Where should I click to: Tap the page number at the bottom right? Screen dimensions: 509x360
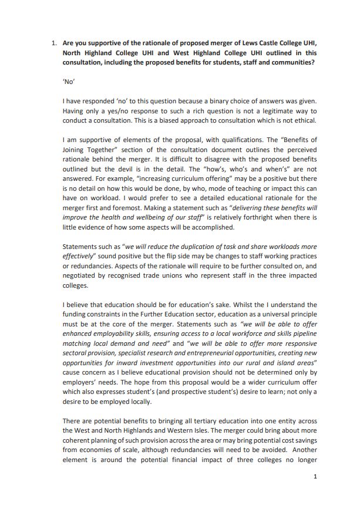pos(315,476)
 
